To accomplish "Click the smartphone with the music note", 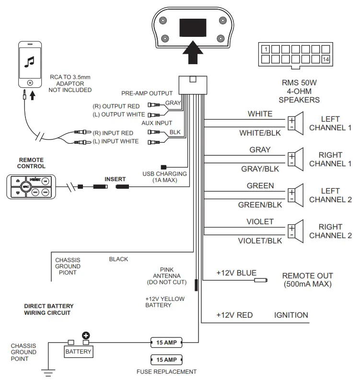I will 30,64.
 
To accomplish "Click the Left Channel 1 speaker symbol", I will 296,123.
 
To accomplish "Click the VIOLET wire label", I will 260,222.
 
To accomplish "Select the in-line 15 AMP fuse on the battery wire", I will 166,342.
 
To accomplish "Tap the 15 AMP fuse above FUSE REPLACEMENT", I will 166,359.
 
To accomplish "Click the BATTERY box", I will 79,351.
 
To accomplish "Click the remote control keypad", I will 31,186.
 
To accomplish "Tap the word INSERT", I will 115,179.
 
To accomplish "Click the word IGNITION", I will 291,315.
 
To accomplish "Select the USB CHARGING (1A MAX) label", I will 165,176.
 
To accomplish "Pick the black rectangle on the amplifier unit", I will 193,28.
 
